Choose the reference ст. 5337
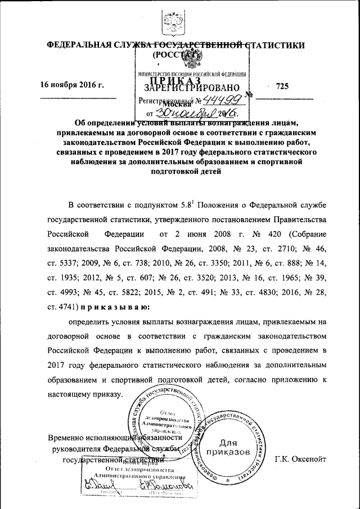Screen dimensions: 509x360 (62, 263)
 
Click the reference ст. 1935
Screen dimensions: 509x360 (62, 278)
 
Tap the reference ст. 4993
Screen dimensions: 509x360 (62, 292)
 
